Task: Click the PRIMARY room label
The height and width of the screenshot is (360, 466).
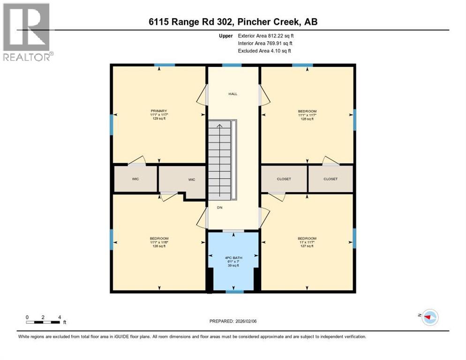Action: tap(158, 111)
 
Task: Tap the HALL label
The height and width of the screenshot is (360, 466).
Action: tap(233, 94)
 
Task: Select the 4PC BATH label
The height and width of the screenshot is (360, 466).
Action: tap(233, 257)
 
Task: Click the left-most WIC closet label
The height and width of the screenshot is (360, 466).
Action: tap(136, 179)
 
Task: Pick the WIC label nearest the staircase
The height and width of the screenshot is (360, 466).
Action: tap(191, 179)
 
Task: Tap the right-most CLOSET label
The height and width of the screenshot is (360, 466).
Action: tap(330, 179)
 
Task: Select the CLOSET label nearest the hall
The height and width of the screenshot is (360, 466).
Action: tap(284, 179)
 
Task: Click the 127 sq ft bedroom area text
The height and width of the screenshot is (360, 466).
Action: tap(307, 246)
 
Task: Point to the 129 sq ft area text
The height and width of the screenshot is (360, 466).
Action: tap(158, 119)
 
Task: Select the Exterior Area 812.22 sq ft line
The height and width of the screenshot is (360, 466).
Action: tap(266, 36)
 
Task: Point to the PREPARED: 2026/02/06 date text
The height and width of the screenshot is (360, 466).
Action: tap(233, 321)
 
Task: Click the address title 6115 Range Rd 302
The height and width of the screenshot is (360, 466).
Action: tap(233, 22)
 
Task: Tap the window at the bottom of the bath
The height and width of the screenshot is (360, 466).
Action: tap(234, 292)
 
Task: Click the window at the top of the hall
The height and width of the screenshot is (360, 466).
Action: tap(228, 65)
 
